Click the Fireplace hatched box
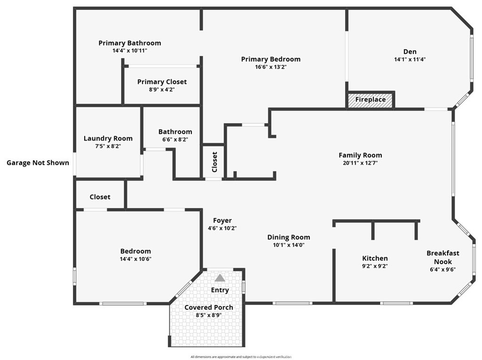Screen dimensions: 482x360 (x=370, y=100)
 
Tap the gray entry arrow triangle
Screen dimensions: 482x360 (x=220, y=278)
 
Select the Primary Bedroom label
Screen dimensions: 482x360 (x=271, y=59)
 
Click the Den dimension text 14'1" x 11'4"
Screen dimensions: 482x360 (x=410, y=59)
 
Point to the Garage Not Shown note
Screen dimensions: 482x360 (x=38, y=163)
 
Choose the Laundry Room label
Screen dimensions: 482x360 (x=108, y=138)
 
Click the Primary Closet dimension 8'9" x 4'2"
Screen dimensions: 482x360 (x=162, y=89)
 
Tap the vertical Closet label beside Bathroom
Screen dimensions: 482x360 (x=215, y=162)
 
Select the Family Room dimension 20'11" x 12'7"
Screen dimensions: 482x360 (x=360, y=163)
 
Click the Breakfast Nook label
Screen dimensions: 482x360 (x=442, y=257)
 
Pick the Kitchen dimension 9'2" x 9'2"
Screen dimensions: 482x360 (x=375, y=266)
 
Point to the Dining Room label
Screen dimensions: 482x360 (x=289, y=237)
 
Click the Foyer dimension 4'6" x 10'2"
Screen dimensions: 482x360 (x=222, y=228)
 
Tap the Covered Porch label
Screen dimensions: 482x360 (x=209, y=307)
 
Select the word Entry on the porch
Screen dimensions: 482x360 (x=220, y=290)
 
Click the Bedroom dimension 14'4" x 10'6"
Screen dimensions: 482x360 (x=136, y=259)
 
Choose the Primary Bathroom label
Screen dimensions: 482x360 (x=130, y=43)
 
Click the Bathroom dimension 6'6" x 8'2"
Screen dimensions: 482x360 (x=175, y=140)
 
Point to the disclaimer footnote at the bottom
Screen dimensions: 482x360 (x=241, y=357)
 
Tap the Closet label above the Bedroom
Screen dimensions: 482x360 (x=100, y=197)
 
